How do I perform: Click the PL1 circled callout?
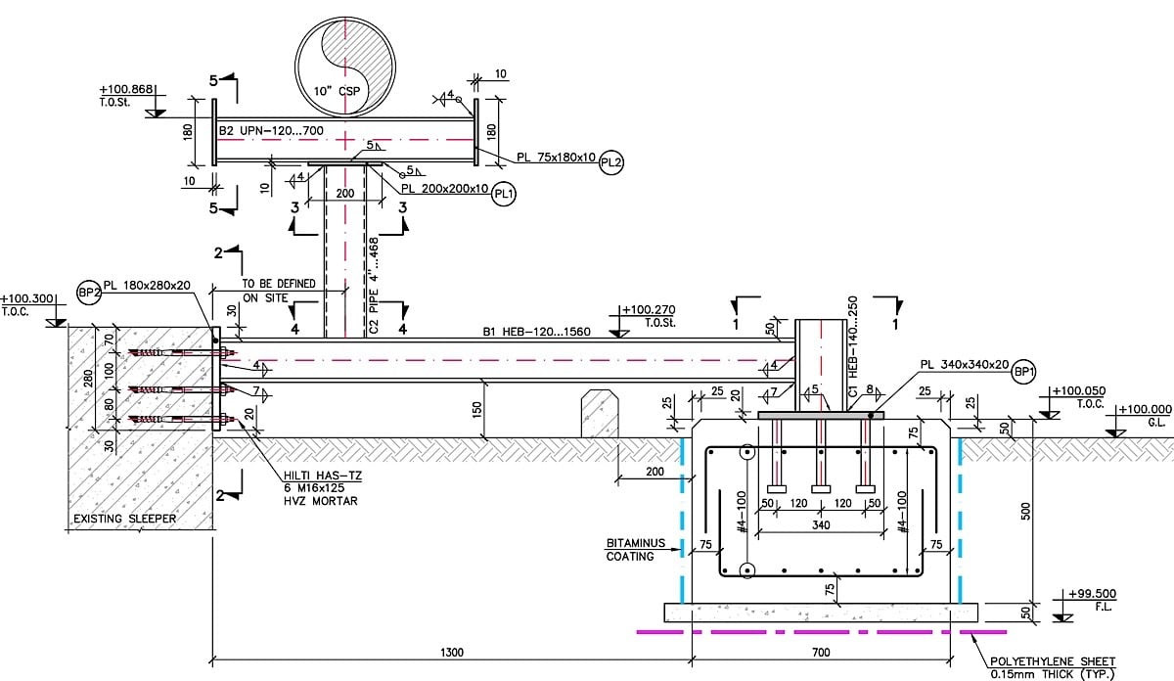pyautogui.click(x=504, y=195)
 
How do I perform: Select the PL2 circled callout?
pyautogui.click(x=610, y=162)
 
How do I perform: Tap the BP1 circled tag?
pyautogui.click(x=1024, y=372)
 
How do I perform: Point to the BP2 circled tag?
pyautogui.click(x=89, y=293)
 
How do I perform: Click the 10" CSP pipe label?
pyautogui.click(x=337, y=91)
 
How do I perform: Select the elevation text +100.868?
pyautogui.click(x=126, y=89)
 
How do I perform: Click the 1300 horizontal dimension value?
pyautogui.click(x=452, y=653)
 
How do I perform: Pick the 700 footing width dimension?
pyautogui.click(x=821, y=653)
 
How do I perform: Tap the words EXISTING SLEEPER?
pyautogui.click(x=125, y=519)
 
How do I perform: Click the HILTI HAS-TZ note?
pyautogui.click(x=322, y=476)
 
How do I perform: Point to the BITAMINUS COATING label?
pyautogui.click(x=635, y=550)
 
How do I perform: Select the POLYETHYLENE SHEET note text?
pyautogui.click(x=1053, y=661)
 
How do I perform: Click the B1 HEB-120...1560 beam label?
pyautogui.click(x=536, y=332)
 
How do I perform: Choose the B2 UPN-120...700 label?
pyautogui.click(x=271, y=130)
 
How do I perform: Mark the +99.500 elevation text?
pyautogui.click(x=1092, y=594)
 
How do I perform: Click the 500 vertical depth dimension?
pyautogui.click(x=1025, y=511)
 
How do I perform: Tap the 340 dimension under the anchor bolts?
pyautogui.click(x=821, y=524)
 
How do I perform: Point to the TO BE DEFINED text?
pyautogui.click(x=278, y=284)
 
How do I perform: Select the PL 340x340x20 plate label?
pyautogui.click(x=965, y=364)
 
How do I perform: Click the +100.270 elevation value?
pyautogui.click(x=649, y=309)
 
